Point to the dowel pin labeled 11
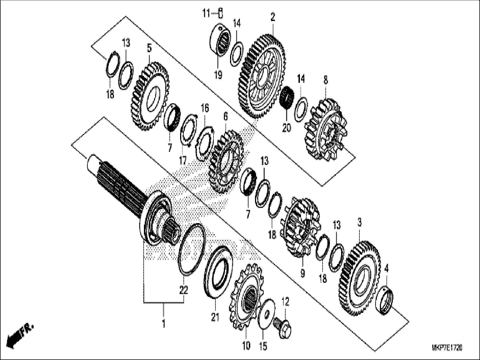221,13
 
